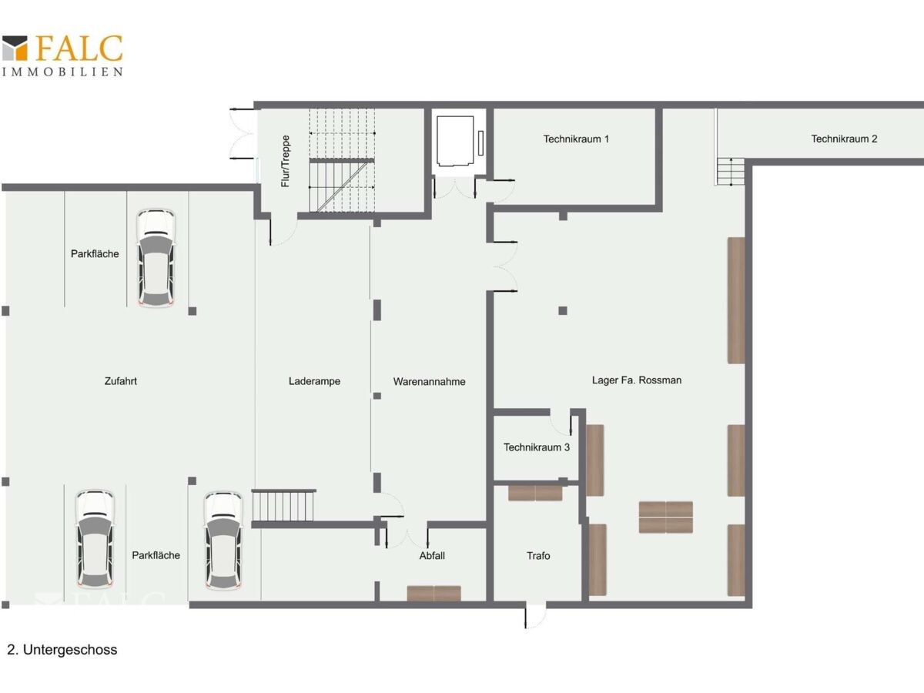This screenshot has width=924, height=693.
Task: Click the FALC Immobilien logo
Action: pyautogui.click(x=62, y=55)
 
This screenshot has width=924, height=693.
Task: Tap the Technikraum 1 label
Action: pyautogui.click(x=576, y=139)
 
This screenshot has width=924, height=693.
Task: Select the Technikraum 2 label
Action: pyautogui.click(x=844, y=139)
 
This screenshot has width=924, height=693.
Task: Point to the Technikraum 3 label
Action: pyautogui.click(x=537, y=447)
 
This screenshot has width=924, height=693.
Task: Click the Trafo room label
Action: pyautogui.click(x=538, y=556)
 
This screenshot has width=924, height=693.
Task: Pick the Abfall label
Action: pyautogui.click(x=432, y=555)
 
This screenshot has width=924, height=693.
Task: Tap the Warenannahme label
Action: pyautogui.click(x=430, y=382)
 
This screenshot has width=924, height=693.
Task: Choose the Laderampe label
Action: pyautogui.click(x=314, y=381)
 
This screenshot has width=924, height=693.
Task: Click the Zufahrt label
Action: pyautogui.click(x=121, y=381)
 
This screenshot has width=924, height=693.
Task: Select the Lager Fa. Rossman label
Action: pyautogui.click(x=637, y=380)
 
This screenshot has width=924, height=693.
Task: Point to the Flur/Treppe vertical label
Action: pyautogui.click(x=286, y=161)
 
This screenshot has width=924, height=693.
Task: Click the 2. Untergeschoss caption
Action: pyautogui.click(x=62, y=650)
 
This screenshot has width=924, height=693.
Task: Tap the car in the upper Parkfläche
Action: pyautogui.click(x=156, y=258)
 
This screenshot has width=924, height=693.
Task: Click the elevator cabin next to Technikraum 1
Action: pyautogui.click(x=455, y=141)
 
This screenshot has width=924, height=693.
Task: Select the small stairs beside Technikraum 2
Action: pyautogui.click(x=731, y=171)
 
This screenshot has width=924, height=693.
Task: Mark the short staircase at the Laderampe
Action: pyautogui.click(x=283, y=505)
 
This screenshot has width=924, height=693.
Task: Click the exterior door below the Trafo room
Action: pyautogui.click(x=535, y=617)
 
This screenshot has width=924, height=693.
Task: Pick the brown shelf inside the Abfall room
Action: pyautogui.click(x=434, y=593)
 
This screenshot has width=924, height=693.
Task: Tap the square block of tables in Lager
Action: pyautogui.click(x=665, y=517)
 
